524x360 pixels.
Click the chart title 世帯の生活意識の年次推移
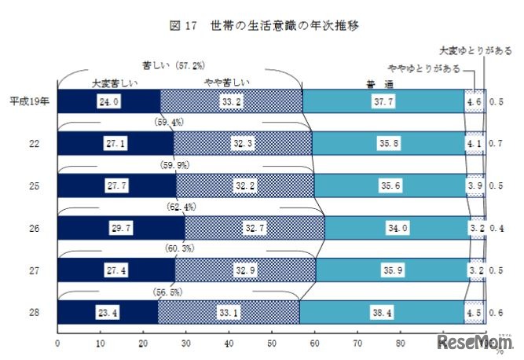coord(285,26)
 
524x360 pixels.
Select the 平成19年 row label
coord(30,101)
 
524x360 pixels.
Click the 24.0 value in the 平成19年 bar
coord(108,101)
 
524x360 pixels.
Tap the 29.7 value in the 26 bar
coord(121,228)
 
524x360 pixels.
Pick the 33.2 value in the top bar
coord(231,101)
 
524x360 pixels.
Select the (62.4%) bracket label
coord(183,207)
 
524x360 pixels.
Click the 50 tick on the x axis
coord(271,343)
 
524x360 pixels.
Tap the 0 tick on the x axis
coord(57,343)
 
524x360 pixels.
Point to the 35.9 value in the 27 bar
coord(390,270)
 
